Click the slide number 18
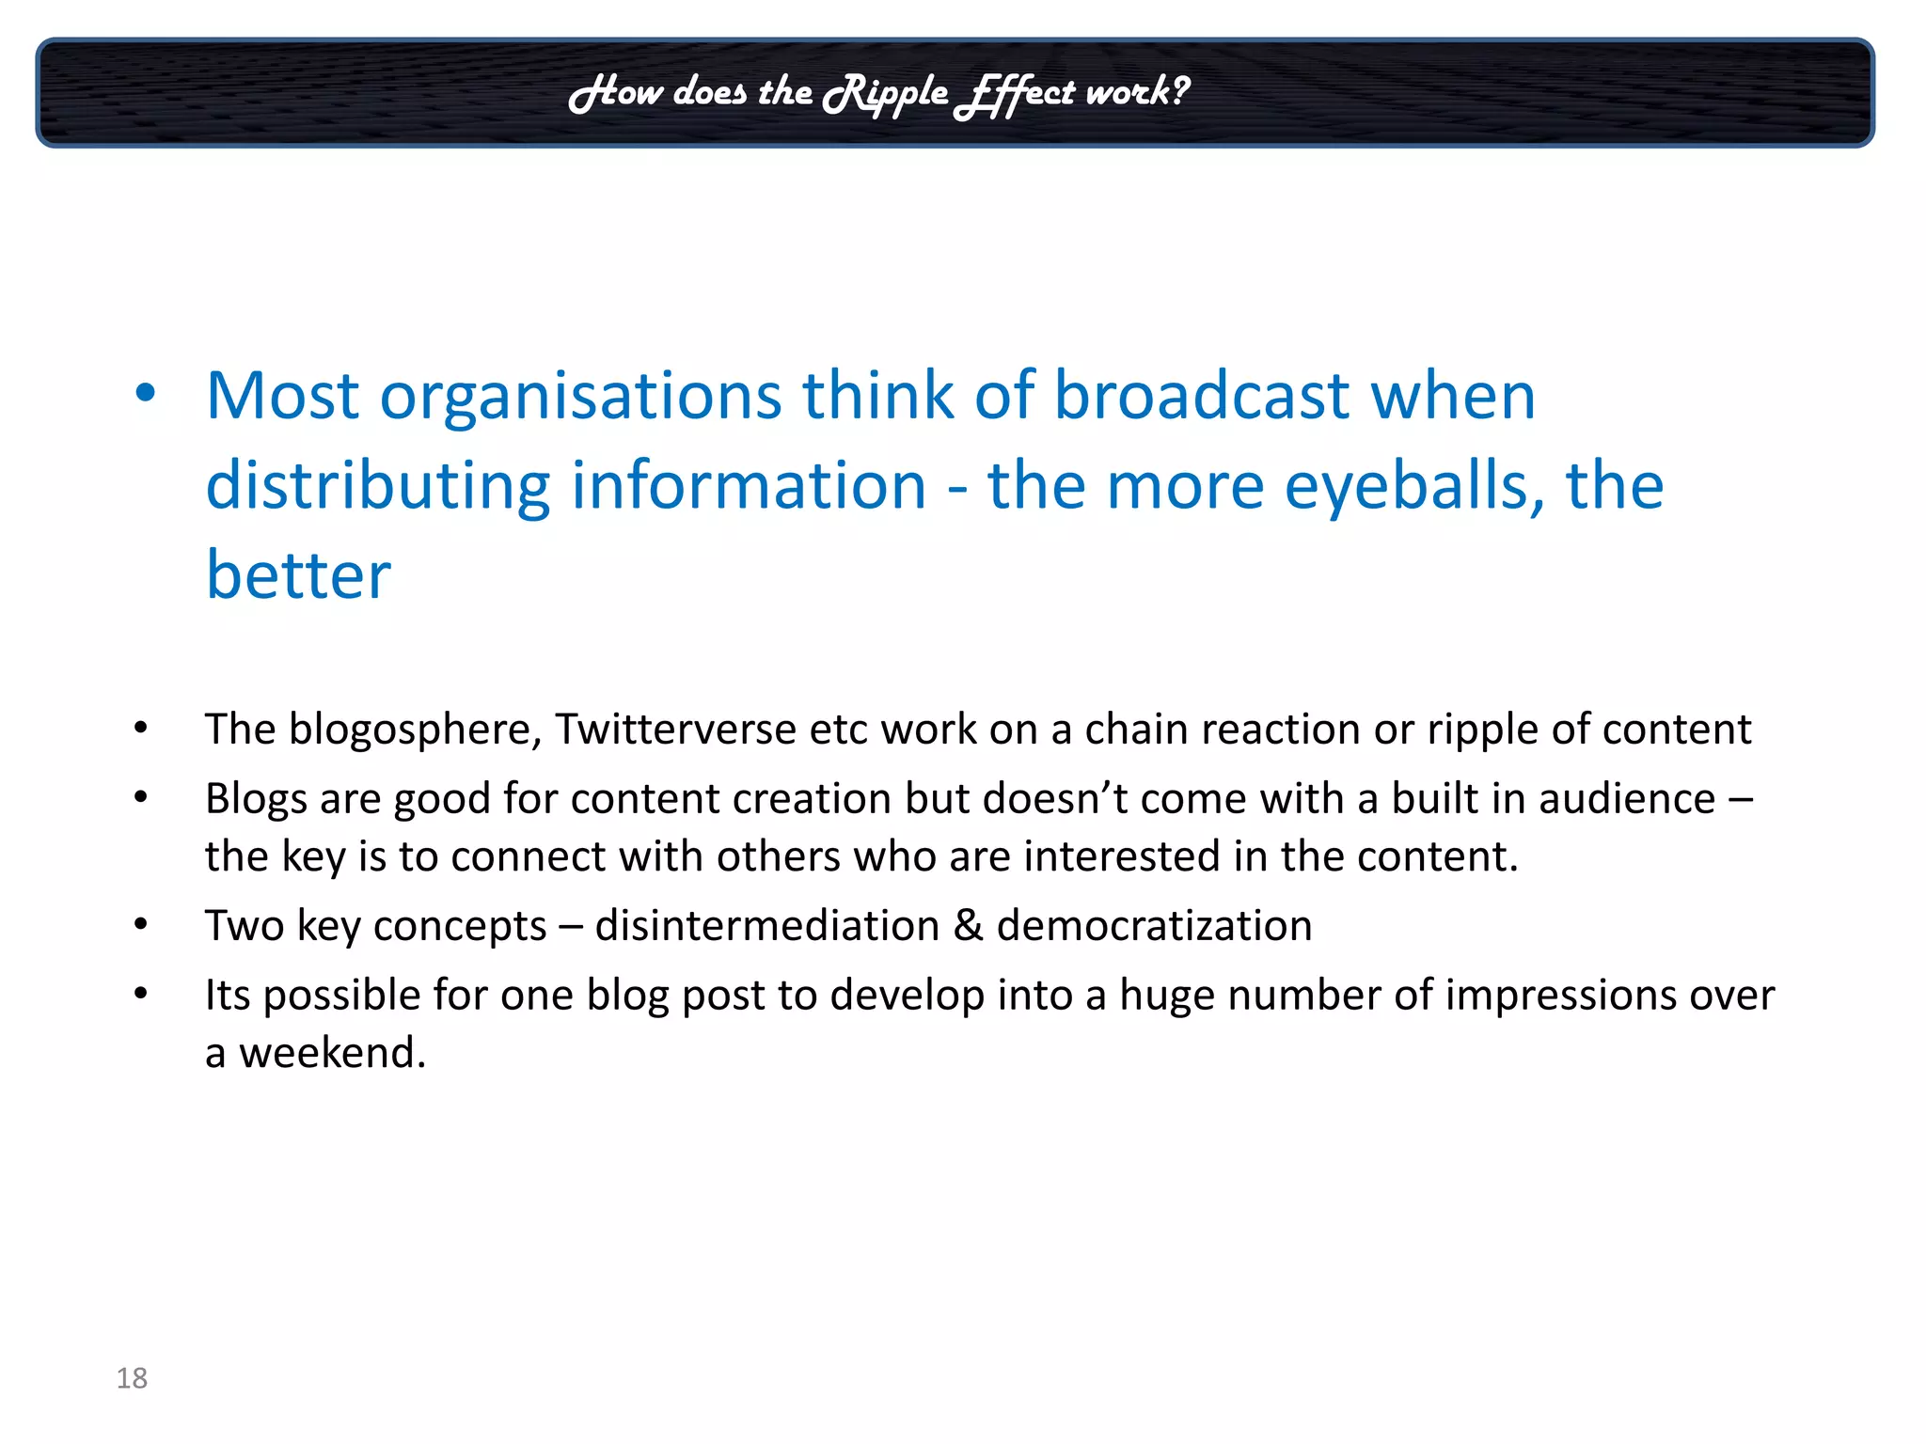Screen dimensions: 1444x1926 pos(132,1377)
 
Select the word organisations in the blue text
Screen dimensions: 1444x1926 pos(580,396)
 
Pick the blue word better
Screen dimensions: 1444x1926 pos(298,574)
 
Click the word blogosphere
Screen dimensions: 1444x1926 pos(415,730)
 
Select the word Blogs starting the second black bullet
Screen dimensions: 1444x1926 pos(256,798)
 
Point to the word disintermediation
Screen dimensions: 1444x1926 pos(766,925)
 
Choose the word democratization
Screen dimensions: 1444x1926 pos(1154,925)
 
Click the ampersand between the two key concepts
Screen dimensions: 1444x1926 pos(968,925)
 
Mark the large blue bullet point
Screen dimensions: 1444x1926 pos(145,393)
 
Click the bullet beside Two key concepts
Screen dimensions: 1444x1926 pos(141,924)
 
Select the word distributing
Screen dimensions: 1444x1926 pos(377,486)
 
